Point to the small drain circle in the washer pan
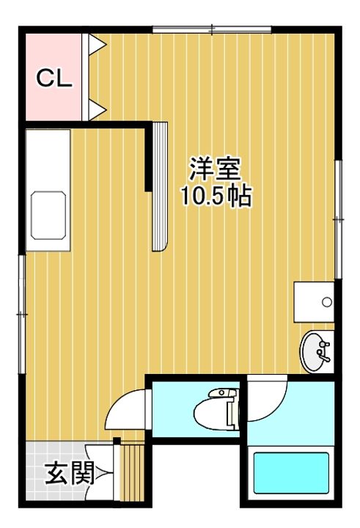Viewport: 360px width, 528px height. pos(327,301)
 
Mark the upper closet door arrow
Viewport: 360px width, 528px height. pos(96,45)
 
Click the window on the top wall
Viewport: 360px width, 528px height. pos(212,29)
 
